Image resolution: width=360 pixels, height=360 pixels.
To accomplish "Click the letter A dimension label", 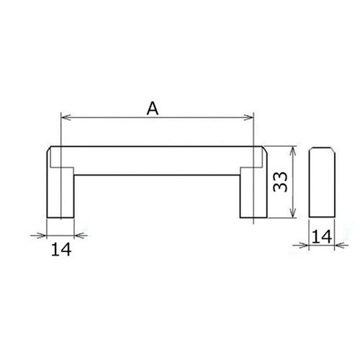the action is tap(153, 109).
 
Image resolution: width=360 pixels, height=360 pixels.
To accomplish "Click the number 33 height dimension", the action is tap(280, 181).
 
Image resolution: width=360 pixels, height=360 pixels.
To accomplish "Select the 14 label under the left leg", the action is tap(61, 249).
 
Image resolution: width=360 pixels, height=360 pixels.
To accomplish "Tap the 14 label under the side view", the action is tap(322, 237).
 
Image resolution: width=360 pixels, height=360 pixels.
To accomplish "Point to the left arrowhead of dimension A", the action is tap(66, 117).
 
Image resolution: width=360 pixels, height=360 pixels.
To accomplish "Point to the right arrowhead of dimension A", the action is tap(248, 117).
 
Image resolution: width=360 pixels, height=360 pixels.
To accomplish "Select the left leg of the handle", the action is tap(60, 192).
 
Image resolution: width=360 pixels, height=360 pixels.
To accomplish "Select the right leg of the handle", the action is tap(253, 192).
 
